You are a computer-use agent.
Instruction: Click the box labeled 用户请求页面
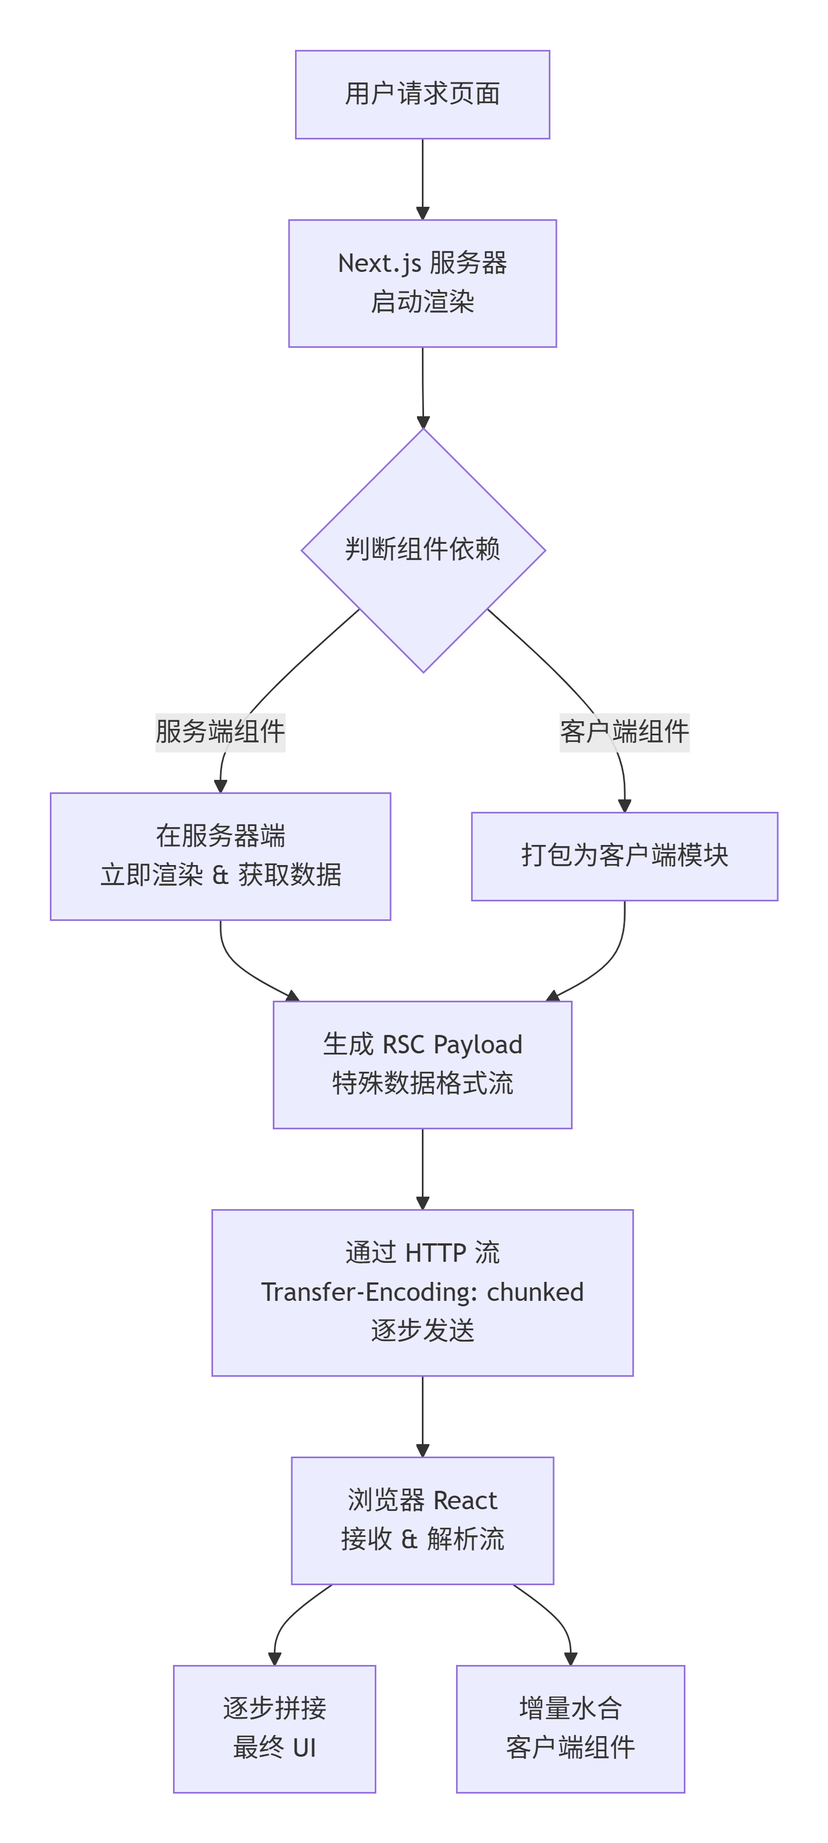point(422,94)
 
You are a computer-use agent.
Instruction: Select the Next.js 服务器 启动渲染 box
point(422,283)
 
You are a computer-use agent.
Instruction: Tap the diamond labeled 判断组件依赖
point(422,550)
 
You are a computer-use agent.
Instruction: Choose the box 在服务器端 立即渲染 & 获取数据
point(220,856)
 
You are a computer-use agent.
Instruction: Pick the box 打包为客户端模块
point(624,856)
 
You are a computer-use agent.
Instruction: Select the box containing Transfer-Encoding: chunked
point(422,1292)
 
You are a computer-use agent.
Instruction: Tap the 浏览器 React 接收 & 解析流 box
point(422,1520)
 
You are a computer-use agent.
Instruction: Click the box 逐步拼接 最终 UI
point(274,1728)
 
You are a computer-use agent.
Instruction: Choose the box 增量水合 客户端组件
point(570,1728)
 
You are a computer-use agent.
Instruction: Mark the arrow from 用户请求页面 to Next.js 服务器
point(422,179)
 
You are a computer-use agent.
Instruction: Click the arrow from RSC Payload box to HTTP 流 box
point(422,1168)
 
